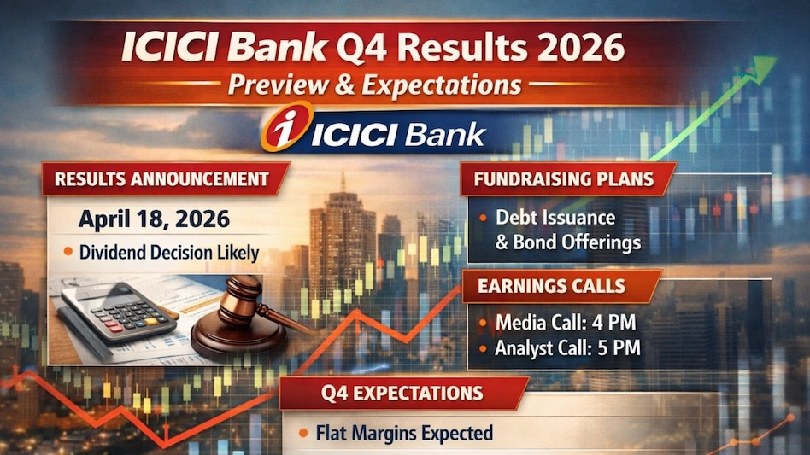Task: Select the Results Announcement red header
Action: [x=161, y=179]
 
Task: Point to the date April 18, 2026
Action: [x=154, y=219]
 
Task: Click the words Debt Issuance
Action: [x=555, y=218]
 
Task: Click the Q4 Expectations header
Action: [x=402, y=394]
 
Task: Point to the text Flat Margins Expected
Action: [x=404, y=434]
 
